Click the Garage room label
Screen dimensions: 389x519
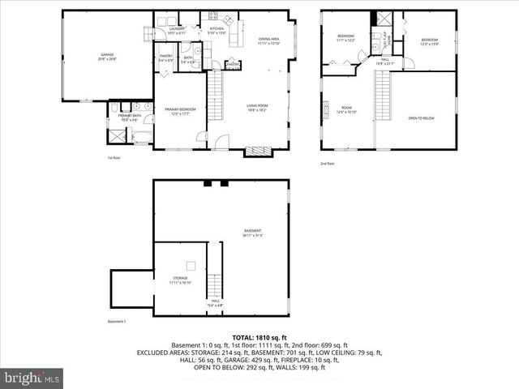pos(107,58)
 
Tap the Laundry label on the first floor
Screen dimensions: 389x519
pos(178,32)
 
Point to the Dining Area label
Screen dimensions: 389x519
pos(269,41)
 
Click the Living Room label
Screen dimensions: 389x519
pos(257,107)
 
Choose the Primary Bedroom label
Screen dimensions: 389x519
pos(180,111)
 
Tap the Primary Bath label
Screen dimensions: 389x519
pos(131,118)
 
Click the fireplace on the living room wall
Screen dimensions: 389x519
pos(259,150)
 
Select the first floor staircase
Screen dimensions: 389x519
pos(216,83)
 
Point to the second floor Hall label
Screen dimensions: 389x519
pos(385,61)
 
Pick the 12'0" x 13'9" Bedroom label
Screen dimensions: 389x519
pos(429,41)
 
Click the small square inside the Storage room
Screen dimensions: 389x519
pos(191,265)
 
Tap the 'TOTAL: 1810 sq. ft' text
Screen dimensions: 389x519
pos(259,336)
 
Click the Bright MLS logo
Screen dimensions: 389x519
pos(32,378)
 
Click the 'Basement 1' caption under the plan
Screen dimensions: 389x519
pos(118,323)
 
